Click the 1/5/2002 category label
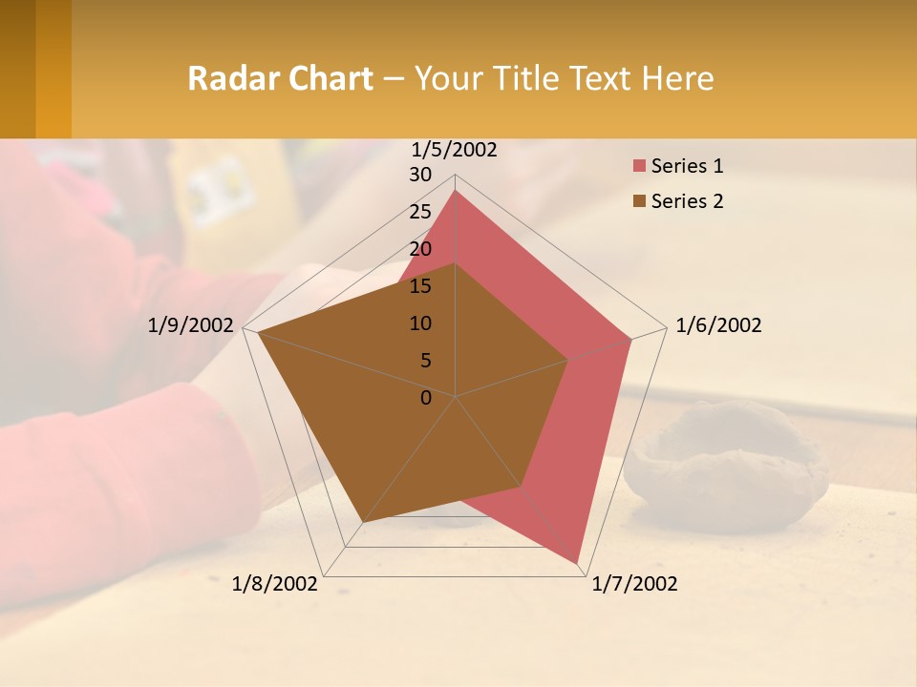point(454,150)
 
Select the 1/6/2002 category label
point(718,325)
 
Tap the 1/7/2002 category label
point(634,584)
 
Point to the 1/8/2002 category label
point(275,584)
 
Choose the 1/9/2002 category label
point(191,325)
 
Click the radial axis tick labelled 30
point(420,175)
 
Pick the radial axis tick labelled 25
point(420,212)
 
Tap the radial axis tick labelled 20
point(420,249)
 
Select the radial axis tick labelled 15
point(420,286)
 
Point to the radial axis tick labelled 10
point(420,323)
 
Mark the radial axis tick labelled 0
point(426,398)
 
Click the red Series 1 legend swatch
point(638,167)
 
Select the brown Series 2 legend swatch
point(638,201)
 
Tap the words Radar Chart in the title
point(280,78)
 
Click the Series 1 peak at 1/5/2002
point(456,190)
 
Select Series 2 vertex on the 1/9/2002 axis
point(257,332)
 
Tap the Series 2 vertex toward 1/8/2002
point(362,523)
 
